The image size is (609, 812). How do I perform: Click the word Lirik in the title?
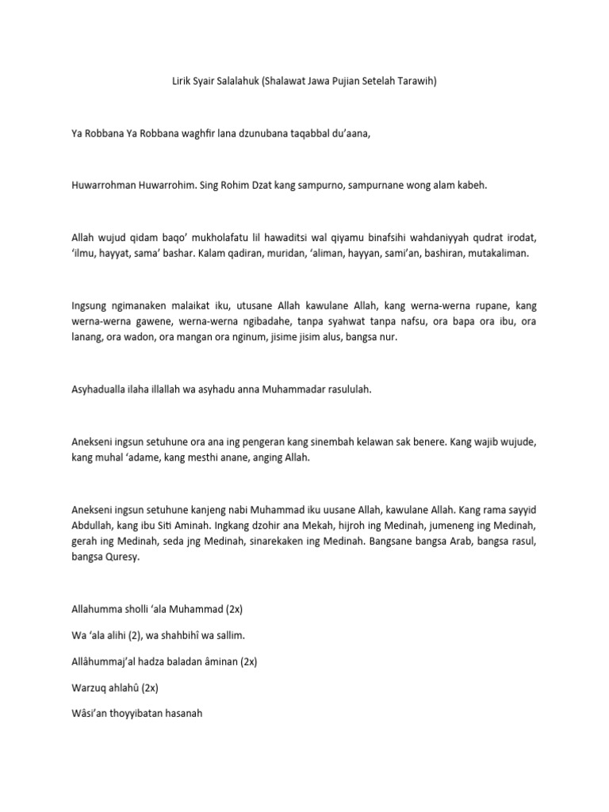pos(183,82)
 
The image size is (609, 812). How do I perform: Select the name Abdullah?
pos(92,524)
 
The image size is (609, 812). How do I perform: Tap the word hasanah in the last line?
pos(180,713)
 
